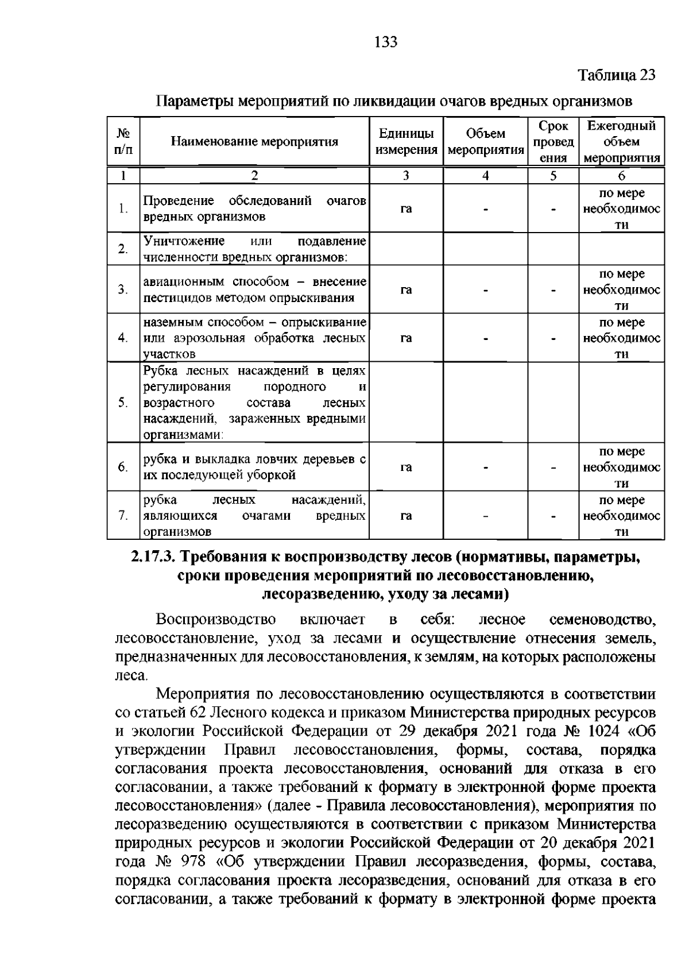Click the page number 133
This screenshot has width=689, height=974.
coord(386,42)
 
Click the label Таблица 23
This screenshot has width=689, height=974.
coord(616,75)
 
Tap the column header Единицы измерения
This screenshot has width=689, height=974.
coord(406,142)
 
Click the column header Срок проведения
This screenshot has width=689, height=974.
coord(553,142)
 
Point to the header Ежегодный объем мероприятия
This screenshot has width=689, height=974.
coord(621,142)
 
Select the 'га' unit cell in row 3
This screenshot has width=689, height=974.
coord(406,289)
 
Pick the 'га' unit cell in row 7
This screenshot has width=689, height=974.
coord(406,516)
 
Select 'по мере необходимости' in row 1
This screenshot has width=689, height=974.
coord(621,208)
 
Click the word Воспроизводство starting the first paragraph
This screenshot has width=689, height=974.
coord(216,620)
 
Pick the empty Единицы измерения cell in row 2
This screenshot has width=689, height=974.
coord(406,249)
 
